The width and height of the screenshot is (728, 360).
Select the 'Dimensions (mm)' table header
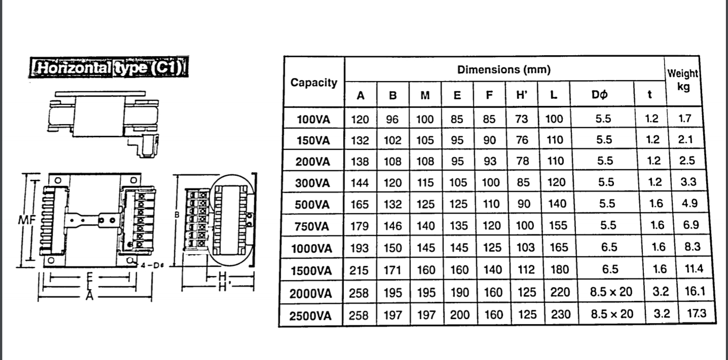(x=504, y=69)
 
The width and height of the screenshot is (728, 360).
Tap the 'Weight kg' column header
(x=682, y=80)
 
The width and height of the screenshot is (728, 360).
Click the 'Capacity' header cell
(x=314, y=83)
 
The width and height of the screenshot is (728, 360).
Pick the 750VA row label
(x=313, y=226)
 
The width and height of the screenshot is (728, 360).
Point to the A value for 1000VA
(x=360, y=248)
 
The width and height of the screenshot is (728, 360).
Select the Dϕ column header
(x=601, y=95)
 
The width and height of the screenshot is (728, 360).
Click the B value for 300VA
(x=392, y=183)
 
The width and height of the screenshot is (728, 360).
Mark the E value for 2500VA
(x=459, y=315)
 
